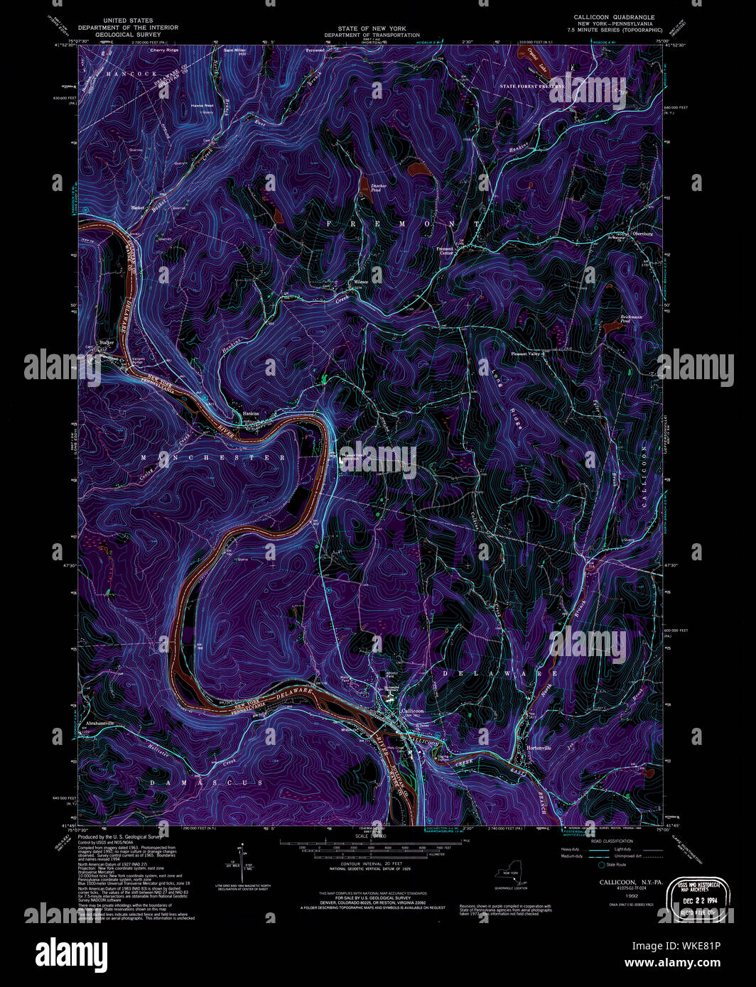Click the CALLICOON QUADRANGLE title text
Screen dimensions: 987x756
coord(615,17)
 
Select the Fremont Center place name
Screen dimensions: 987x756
coord(445,251)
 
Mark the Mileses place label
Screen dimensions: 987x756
coord(359,283)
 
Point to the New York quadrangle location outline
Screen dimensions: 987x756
coord(512,876)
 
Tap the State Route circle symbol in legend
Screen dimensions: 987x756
coord(602,865)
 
